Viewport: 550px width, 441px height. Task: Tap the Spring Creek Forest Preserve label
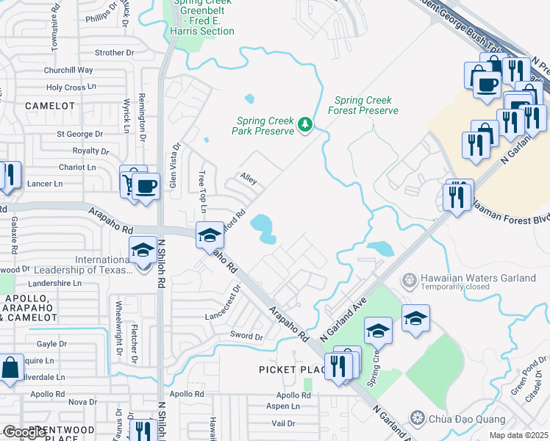[x=366, y=105]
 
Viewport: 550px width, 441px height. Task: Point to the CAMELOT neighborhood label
[x=50, y=106]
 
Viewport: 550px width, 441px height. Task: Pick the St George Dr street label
[x=80, y=135]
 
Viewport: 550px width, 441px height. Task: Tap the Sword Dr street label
[x=247, y=336]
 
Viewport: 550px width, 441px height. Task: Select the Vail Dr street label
[x=283, y=423]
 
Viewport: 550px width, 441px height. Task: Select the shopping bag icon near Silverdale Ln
[x=12, y=369]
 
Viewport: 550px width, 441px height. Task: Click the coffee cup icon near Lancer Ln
[x=146, y=185]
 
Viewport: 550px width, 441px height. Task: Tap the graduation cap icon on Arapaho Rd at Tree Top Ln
[x=210, y=234]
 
